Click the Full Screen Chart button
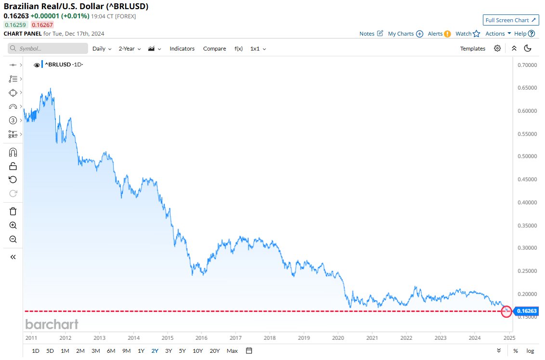pyautogui.click(x=511, y=20)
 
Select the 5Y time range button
pyautogui.click(x=182, y=351)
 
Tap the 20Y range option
pyautogui.click(x=215, y=351)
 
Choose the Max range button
pyautogui.click(x=232, y=351)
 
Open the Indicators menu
pyautogui.click(x=182, y=49)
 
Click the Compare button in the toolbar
pyautogui.click(x=214, y=49)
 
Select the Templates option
pyautogui.click(x=472, y=49)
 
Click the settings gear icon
pyautogui.click(x=497, y=48)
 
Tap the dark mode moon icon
pyautogui.click(x=528, y=48)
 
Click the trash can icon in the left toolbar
pyautogui.click(x=13, y=211)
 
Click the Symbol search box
pyautogui.click(x=48, y=49)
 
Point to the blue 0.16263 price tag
pyautogui.click(x=527, y=311)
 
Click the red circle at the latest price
pyautogui.click(x=506, y=311)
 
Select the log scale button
pyautogui.click(x=530, y=351)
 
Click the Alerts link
pyautogui.click(x=439, y=34)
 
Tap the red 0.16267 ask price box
pyautogui.click(x=43, y=25)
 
